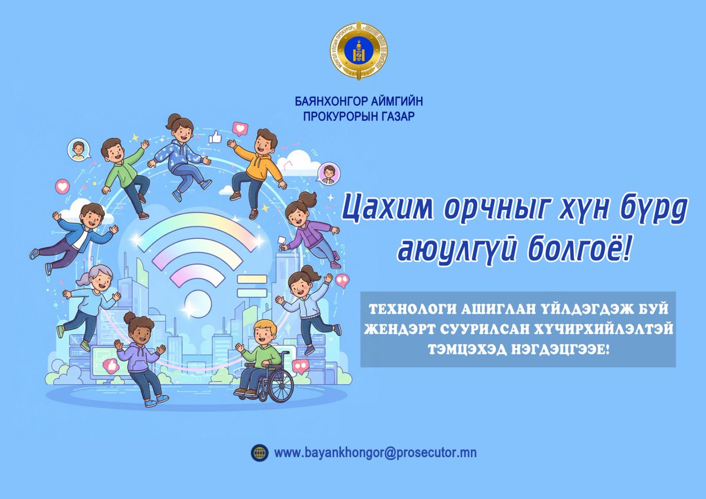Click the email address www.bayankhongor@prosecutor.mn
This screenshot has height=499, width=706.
(375, 453)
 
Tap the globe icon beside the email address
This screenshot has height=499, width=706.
(259, 453)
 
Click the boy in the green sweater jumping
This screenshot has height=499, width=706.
(122, 174)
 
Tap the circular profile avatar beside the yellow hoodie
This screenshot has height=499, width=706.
(327, 173)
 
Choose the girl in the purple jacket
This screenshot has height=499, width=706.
(309, 227)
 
